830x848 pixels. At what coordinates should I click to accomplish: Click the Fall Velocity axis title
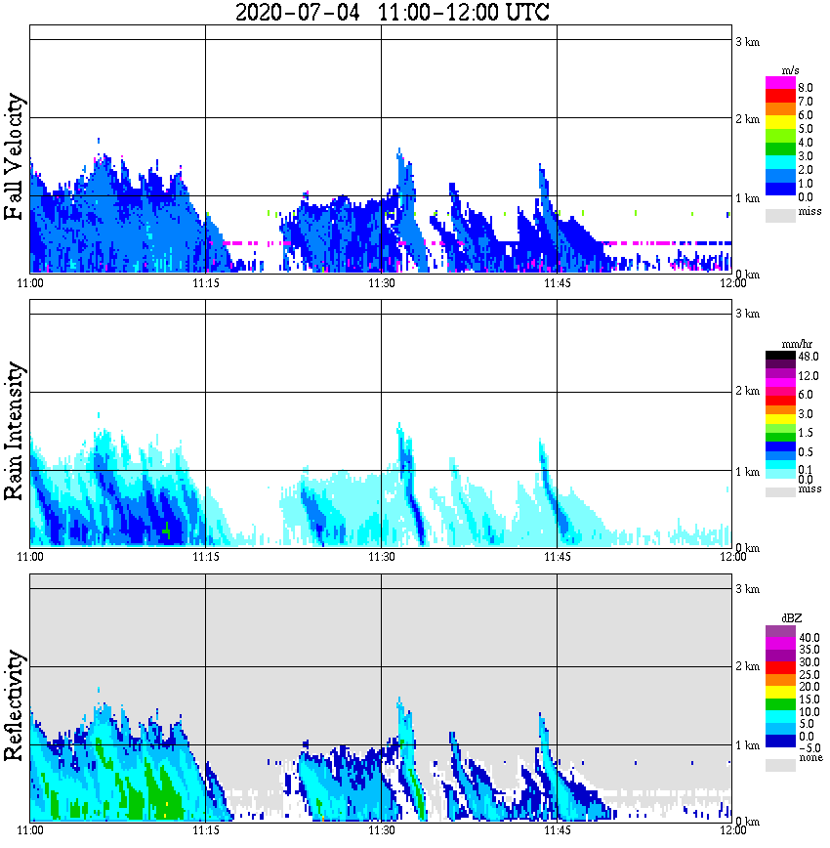coord(16,157)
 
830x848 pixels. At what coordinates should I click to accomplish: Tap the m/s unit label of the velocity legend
coord(792,70)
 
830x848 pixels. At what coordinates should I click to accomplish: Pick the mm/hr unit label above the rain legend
coord(792,345)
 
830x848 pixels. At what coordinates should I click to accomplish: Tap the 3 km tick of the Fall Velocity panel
coord(747,41)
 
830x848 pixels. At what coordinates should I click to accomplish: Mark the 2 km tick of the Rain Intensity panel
coord(747,392)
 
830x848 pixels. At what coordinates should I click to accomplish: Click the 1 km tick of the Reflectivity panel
coord(747,744)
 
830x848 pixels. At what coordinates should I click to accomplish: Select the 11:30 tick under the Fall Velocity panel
coord(381,283)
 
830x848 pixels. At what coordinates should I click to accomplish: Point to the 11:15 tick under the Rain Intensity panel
coord(205,557)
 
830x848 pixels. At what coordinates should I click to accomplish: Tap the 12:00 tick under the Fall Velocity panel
coord(732,283)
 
